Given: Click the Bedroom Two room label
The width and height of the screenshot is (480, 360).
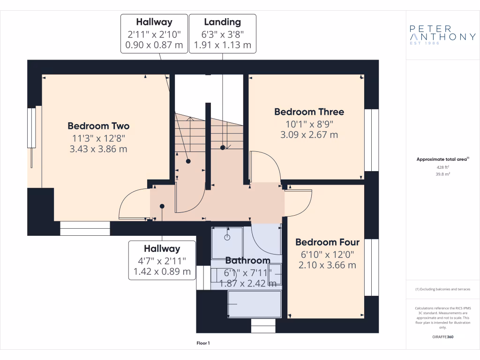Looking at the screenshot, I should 98,126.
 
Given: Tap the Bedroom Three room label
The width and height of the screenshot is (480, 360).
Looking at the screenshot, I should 309,112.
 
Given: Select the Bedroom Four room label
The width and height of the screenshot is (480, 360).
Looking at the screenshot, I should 327,242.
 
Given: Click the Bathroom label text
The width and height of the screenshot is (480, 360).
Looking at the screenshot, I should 247,261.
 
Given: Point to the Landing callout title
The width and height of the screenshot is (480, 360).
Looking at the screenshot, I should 222,22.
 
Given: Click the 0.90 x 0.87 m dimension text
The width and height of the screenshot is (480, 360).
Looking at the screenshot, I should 154,45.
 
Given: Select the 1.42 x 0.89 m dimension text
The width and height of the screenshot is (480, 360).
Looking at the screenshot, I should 162,271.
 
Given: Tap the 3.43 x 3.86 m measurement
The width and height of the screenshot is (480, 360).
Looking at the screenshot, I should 98,149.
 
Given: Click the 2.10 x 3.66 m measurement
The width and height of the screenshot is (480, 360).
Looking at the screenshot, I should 327,265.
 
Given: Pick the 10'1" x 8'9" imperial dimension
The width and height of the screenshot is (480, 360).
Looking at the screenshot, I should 309,124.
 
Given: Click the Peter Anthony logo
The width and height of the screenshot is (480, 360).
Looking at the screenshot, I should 442,34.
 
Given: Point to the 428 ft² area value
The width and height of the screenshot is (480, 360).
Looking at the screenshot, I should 443,167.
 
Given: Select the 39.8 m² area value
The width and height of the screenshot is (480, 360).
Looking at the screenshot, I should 443,174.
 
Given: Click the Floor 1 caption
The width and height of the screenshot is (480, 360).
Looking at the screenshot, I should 203,344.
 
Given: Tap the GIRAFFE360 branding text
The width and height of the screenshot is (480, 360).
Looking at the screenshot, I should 443,337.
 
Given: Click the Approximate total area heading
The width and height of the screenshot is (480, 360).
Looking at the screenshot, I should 442,159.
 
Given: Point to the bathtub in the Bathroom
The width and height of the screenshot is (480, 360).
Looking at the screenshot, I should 254,304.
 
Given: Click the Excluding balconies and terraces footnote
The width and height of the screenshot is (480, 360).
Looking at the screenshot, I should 442,289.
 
